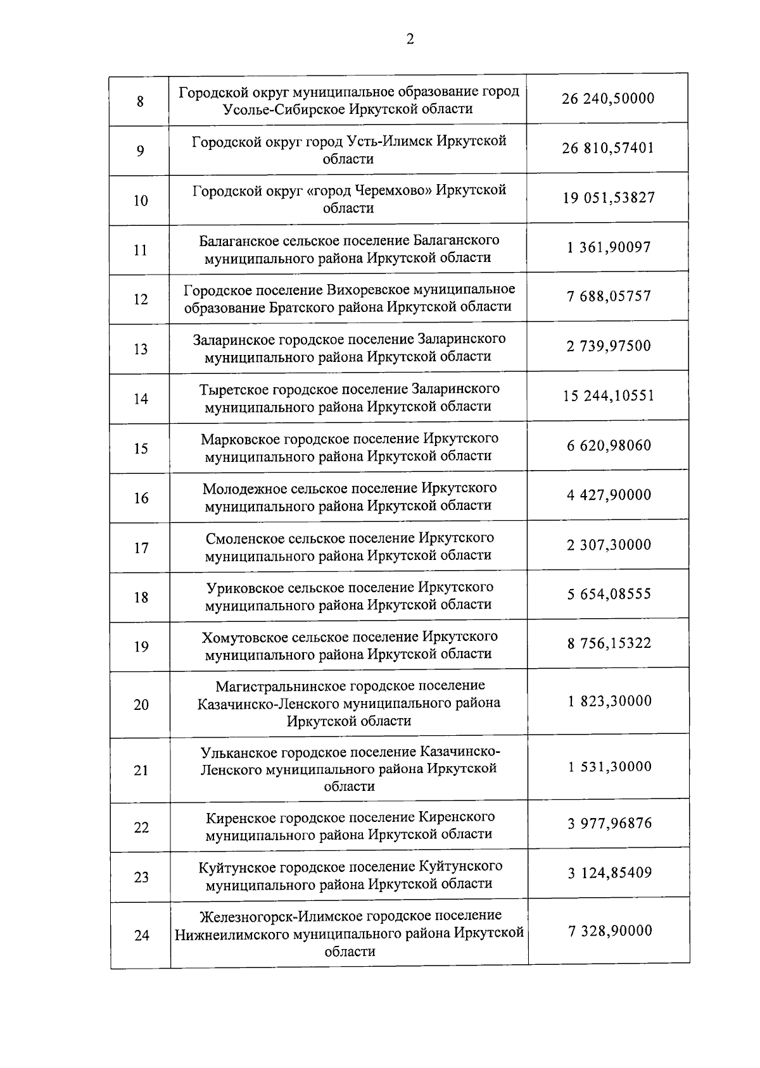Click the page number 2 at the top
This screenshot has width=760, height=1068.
click(410, 39)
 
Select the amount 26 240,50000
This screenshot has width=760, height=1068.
click(607, 99)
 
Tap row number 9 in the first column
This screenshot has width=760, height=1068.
click(140, 151)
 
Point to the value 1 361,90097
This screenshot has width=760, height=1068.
click(609, 247)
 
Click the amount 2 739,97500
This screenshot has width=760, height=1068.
click(609, 346)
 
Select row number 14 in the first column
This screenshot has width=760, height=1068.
click(141, 399)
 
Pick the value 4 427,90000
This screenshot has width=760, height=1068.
click(609, 495)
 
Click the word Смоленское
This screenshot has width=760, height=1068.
click(245, 538)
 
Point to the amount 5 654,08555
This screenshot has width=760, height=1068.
click(609, 594)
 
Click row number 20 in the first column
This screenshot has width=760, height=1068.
click(141, 705)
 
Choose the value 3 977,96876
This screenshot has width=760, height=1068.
click(609, 824)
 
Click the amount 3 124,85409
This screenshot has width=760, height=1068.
click(609, 873)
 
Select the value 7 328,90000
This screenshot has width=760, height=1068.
click(609, 931)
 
